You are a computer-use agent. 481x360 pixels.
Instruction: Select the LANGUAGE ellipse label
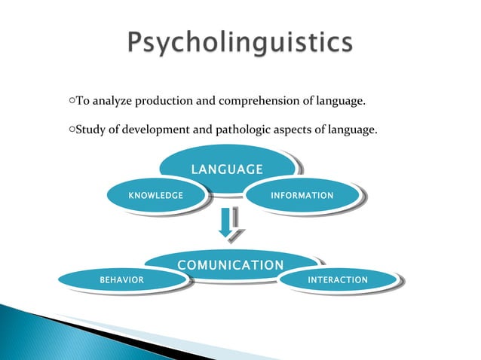click(226, 169)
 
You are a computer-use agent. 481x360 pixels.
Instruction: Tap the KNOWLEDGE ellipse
click(156, 196)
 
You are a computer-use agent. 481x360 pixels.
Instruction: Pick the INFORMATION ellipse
click(302, 196)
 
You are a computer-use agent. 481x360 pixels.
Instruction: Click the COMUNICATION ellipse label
click(231, 265)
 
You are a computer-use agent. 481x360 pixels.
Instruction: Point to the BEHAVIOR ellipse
click(122, 280)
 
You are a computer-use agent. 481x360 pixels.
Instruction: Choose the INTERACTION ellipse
click(338, 280)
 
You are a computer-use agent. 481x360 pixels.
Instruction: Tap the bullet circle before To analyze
click(70, 100)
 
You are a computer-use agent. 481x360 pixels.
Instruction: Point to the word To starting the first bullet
click(81, 100)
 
